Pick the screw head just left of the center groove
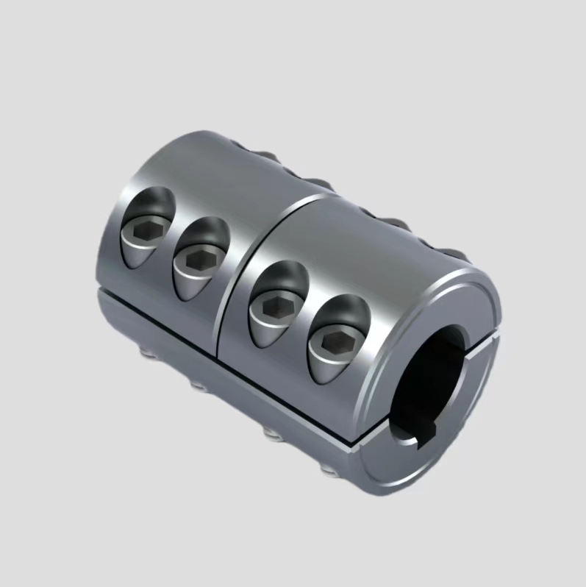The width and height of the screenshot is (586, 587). (x=195, y=260)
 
